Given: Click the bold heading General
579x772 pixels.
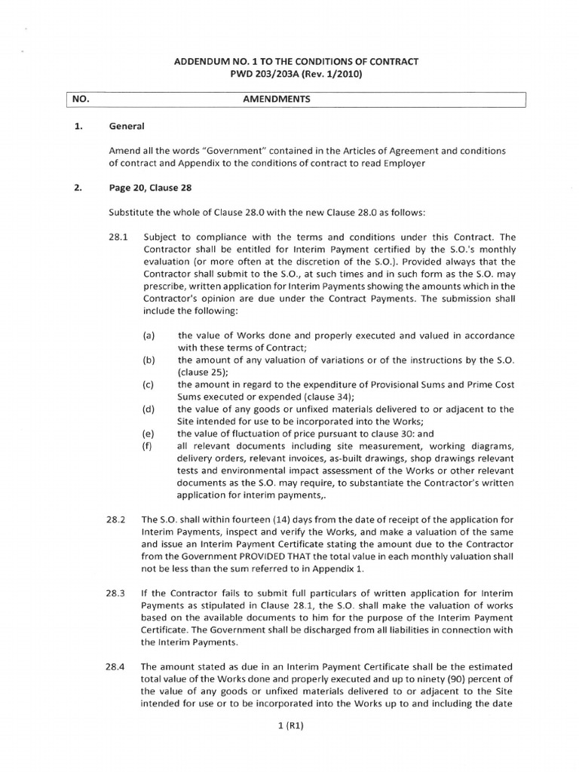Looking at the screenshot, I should [126, 127].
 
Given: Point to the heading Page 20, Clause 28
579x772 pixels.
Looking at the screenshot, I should [154, 188].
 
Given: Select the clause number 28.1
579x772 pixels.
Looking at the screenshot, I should [119, 236].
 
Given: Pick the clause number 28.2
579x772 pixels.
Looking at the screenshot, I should [119, 519].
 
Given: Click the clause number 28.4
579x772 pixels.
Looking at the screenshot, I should [119, 666].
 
